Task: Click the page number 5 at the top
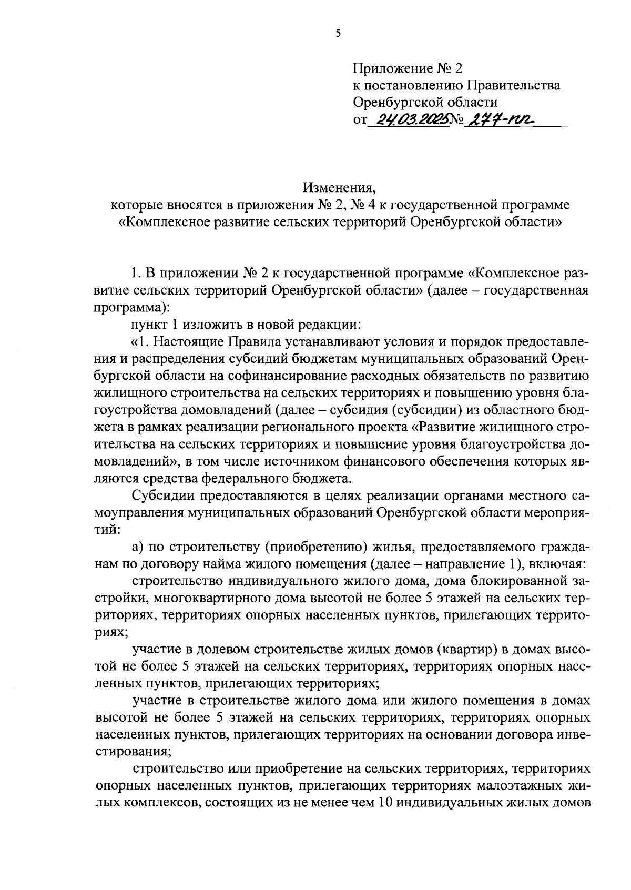(338, 33)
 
